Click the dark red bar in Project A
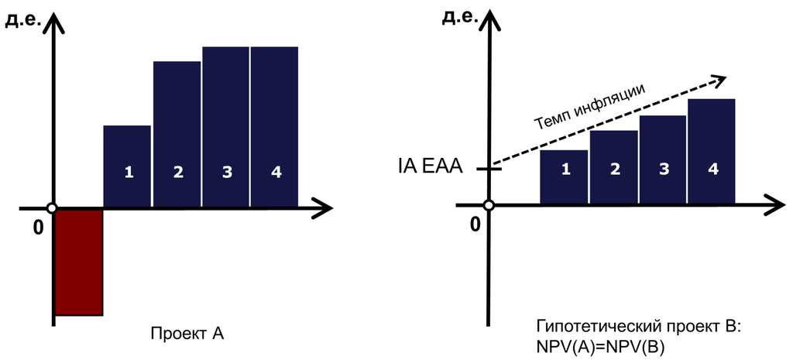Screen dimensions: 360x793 pos(79,262)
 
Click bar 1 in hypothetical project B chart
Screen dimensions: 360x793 pos(564,177)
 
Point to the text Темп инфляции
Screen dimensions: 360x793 pos(589,108)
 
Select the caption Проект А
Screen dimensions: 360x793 pos(187,334)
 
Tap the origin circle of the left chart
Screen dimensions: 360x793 pos(52,208)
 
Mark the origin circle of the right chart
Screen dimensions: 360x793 pos(489,205)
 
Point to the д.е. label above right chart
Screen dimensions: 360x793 pos(458,17)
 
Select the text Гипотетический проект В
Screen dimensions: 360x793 pos(638,327)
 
